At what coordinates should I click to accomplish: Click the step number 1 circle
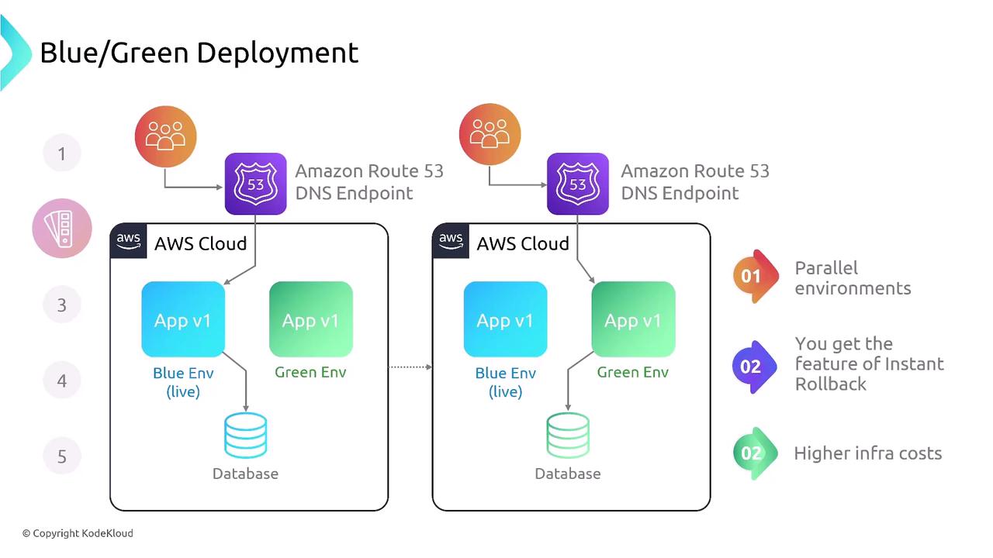(x=62, y=153)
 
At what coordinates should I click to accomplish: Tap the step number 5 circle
(x=62, y=456)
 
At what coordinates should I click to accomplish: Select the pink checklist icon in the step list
(x=62, y=229)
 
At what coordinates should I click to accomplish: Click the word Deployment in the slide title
(x=277, y=53)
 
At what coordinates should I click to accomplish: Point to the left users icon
(x=165, y=136)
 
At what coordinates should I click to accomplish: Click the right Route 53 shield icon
(x=577, y=184)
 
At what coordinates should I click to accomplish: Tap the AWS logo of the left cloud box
(x=129, y=241)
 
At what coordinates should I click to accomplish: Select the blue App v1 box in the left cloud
(x=183, y=319)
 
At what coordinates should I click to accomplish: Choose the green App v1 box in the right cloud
(x=633, y=319)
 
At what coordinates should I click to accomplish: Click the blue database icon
(x=245, y=436)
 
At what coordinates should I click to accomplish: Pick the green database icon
(x=568, y=436)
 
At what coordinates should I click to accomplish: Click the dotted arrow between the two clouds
(x=410, y=367)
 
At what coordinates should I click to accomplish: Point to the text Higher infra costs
(x=867, y=453)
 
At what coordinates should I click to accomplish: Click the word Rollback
(x=830, y=384)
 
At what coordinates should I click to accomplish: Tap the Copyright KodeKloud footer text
(x=78, y=533)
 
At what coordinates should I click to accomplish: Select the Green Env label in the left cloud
(x=310, y=372)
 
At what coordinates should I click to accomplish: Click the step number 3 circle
(x=62, y=305)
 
